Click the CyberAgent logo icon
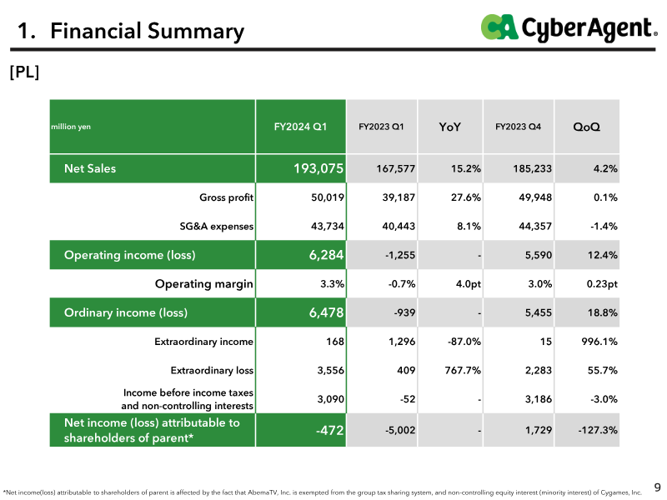(x=499, y=27)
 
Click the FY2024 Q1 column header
(x=300, y=127)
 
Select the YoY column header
(x=449, y=127)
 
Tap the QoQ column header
(x=586, y=127)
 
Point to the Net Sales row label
(x=90, y=168)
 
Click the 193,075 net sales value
(x=318, y=168)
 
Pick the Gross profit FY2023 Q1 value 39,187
(x=399, y=197)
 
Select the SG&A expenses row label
(x=216, y=226)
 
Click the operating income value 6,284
(x=326, y=255)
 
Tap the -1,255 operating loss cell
(x=400, y=255)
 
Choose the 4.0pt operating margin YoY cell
(x=468, y=283)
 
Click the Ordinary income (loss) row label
(x=126, y=312)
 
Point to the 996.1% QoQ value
(x=599, y=342)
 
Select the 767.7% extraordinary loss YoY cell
(x=463, y=370)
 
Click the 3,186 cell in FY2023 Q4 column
(x=538, y=399)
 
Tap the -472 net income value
(x=329, y=430)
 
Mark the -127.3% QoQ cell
(x=598, y=430)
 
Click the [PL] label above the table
(x=24, y=72)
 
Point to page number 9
(x=657, y=487)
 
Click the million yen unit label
(x=71, y=127)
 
